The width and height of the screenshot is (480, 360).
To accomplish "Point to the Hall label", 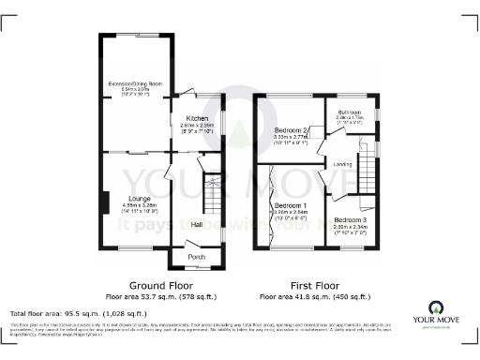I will (x=197, y=225).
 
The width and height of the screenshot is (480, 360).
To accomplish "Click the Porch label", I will (x=197, y=256).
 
